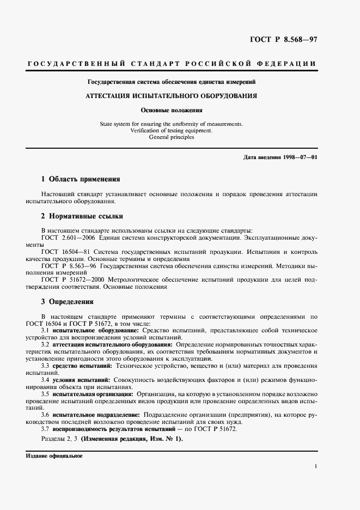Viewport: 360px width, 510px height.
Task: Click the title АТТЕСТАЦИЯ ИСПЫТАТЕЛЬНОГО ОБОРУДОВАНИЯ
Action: click(x=172, y=95)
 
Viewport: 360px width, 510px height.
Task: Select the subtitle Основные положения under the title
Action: click(x=172, y=110)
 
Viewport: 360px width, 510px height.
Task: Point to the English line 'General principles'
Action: click(x=172, y=137)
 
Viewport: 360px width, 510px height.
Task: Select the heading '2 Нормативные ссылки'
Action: click(x=82, y=215)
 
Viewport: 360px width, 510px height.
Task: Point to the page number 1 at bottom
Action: click(x=316, y=466)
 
